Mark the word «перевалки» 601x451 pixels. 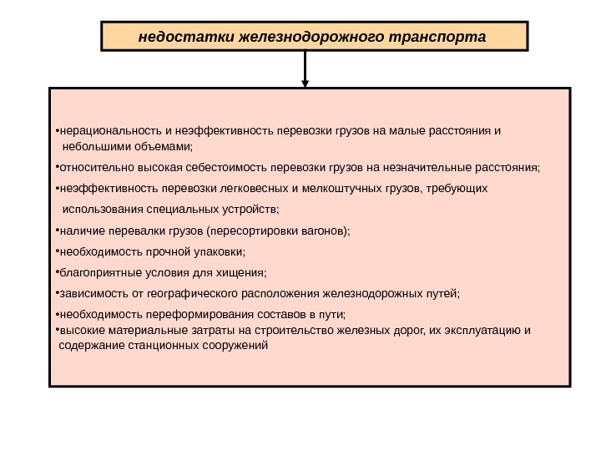pyautogui.click(x=129, y=230)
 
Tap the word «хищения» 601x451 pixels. pyautogui.click(x=241, y=272)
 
